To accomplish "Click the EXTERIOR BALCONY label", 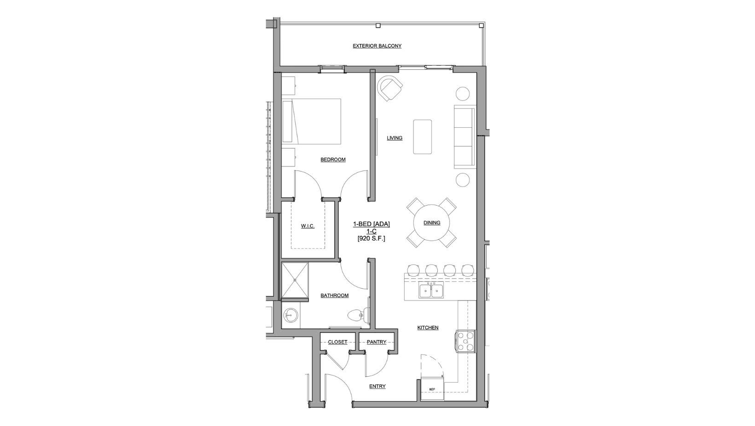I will coord(377,46).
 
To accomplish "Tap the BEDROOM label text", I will coord(333,160).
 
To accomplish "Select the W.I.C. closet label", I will coord(308,226).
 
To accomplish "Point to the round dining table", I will coord(432,223).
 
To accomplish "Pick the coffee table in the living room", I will coord(423,137).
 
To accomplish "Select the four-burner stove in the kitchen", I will coord(465,342).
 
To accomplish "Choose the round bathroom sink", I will coord(290,317).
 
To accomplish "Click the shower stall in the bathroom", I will coord(295,281).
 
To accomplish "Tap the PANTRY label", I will coord(376,342).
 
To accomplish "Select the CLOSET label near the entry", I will coord(337,342).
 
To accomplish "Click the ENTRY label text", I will coord(377,386).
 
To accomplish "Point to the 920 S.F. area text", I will coord(371,238).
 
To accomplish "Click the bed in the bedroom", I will coord(312,121).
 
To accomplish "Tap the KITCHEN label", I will coord(428,328).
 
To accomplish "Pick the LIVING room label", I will coord(395,138).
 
